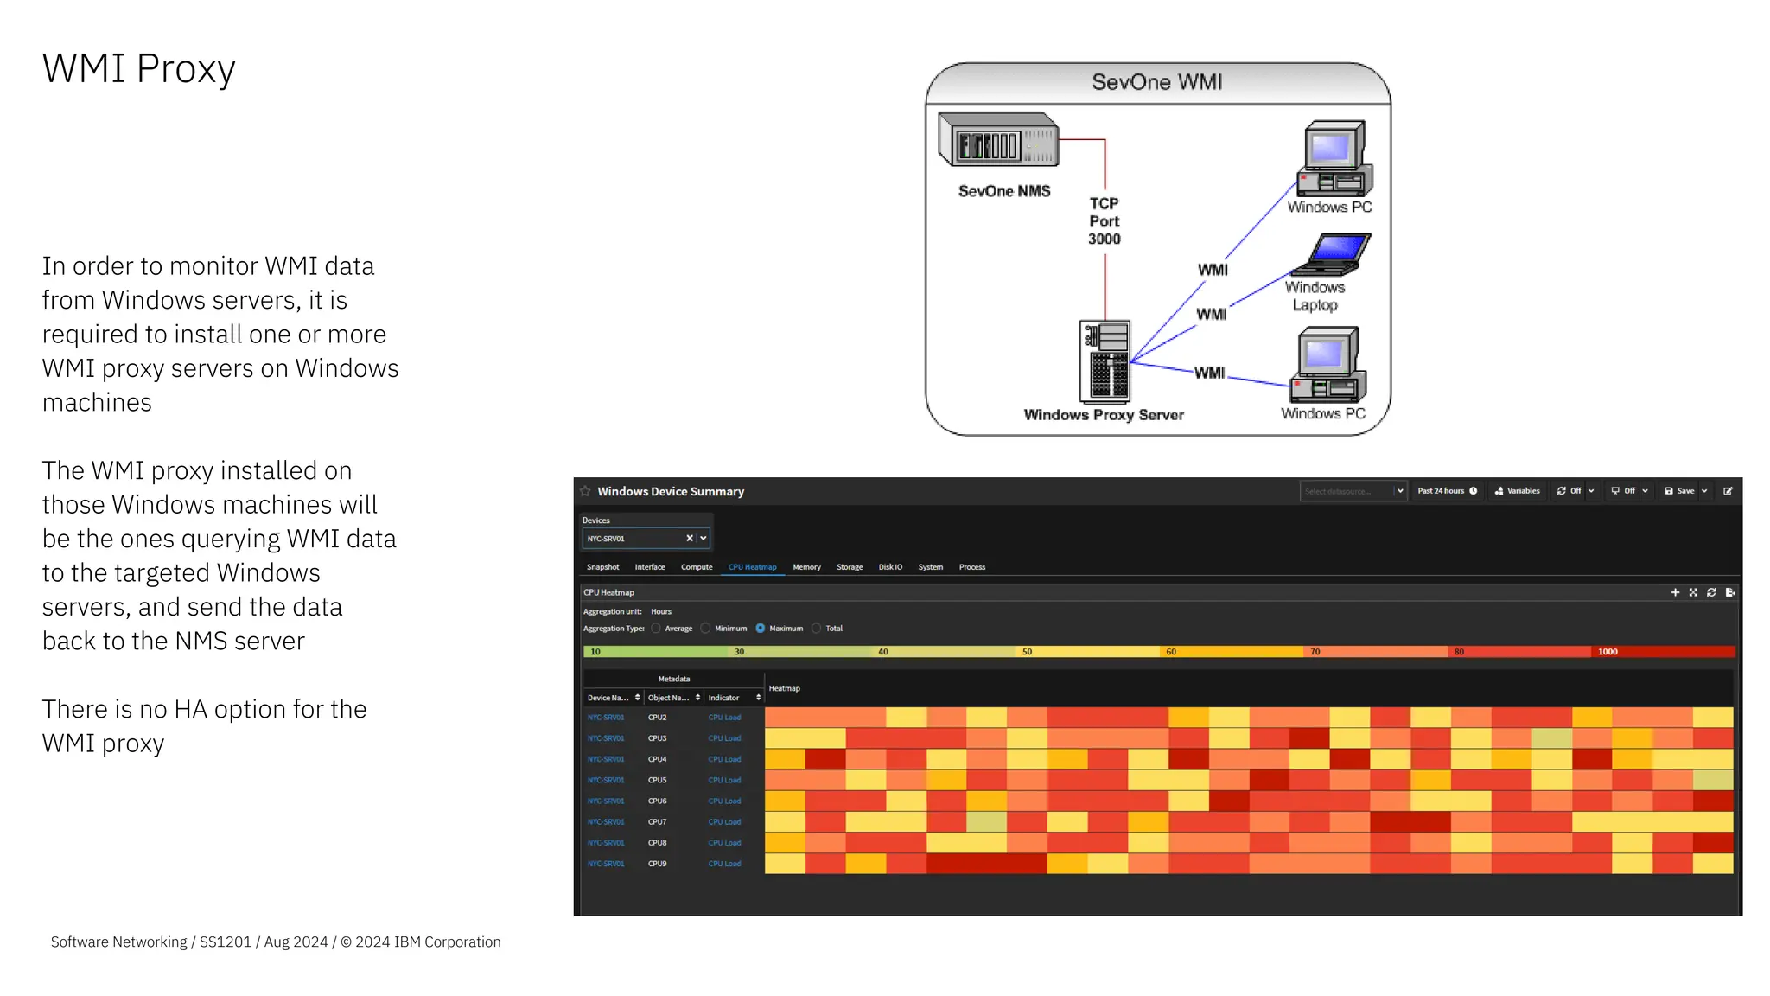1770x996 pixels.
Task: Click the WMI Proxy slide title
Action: point(138,68)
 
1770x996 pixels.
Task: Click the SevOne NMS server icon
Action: point(998,140)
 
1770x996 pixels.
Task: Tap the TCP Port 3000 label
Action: point(1104,221)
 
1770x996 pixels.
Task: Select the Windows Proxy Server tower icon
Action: point(1105,361)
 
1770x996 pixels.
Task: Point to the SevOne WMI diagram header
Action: point(1156,82)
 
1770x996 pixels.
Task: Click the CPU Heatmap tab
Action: point(752,567)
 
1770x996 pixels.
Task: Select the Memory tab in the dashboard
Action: point(806,567)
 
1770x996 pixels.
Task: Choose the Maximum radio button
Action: point(761,629)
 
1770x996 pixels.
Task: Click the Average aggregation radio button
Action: point(656,629)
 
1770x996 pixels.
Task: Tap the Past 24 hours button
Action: point(1447,491)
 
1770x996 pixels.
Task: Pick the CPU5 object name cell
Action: point(658,780)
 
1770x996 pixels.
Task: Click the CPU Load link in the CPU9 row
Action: point(724,864)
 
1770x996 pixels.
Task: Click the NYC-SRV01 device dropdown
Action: point(645,539)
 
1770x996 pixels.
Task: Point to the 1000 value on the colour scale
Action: point(1608,652)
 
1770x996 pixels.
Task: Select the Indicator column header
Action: point(724,698)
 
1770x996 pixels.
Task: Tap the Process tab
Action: point(971,567)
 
